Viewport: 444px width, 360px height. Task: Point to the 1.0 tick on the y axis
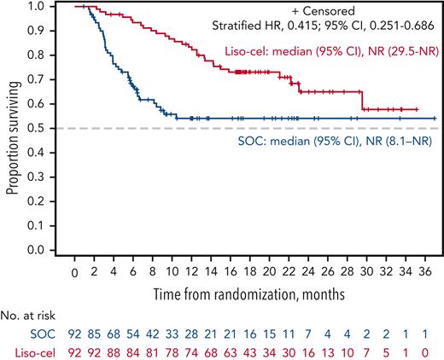[42, 6]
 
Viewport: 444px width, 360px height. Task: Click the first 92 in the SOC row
[75, 335]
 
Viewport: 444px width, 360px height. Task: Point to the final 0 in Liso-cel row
[436, 351]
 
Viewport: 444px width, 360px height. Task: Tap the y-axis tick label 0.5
[42, 128]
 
